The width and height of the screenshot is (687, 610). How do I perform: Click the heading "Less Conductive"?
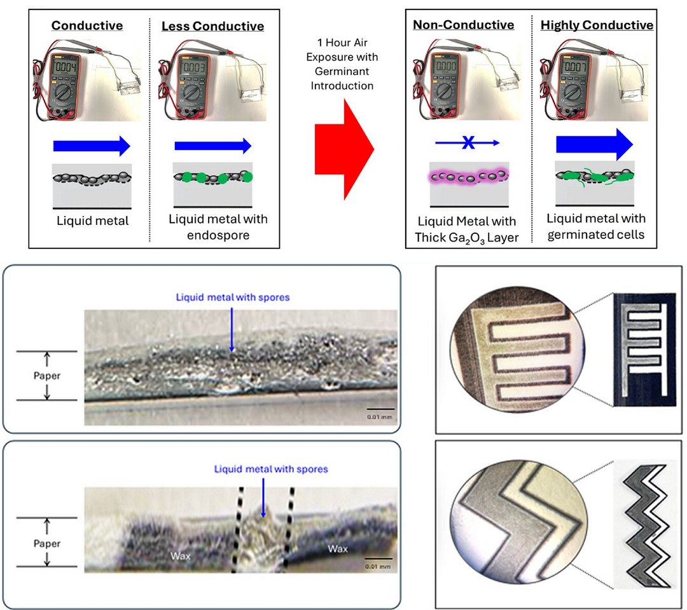coord(212,26)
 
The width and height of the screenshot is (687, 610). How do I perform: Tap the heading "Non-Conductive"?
coord(463,25)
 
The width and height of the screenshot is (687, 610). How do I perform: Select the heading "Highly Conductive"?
coord(597,25)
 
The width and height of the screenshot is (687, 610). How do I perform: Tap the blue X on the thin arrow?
coord(468,144)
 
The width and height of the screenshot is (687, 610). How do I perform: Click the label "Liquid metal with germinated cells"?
coord(596,226)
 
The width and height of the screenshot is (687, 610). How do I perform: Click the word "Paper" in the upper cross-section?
coord(46,375)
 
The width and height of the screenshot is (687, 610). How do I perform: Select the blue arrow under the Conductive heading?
coord(91,146)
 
